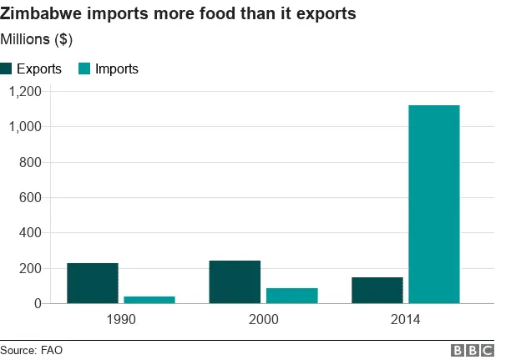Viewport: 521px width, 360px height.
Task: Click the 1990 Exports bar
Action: pyautogui.click(x=92, y=283)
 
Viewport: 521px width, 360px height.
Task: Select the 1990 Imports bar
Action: pyautogui.click(x=149, y=299)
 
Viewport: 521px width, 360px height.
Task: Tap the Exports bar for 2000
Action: pyautogui.click(x=234, y=282)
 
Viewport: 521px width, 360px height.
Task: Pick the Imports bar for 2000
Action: pyautogui.click(x=291, y=296)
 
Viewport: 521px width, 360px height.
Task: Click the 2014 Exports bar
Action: pyautogui.click(x=377, y=290)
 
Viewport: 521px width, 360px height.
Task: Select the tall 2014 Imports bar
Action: pyautogui.click(x=434, y=204)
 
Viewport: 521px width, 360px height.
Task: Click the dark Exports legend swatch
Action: pyautogui.click(x=8, y=69)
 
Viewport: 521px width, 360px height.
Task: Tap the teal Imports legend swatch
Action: pyautogui.click(x=85, y=69)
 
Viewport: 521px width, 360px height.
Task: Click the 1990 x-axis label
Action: pyautogui.click(x=121, y=320)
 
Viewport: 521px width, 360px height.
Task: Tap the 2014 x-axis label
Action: pyautogui.click(x=405, y=320)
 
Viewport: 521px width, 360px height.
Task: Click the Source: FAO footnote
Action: pyautogui.click(x=32, y=350)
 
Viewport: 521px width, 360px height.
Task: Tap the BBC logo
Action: pyautogui.click(x=473, y=350)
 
